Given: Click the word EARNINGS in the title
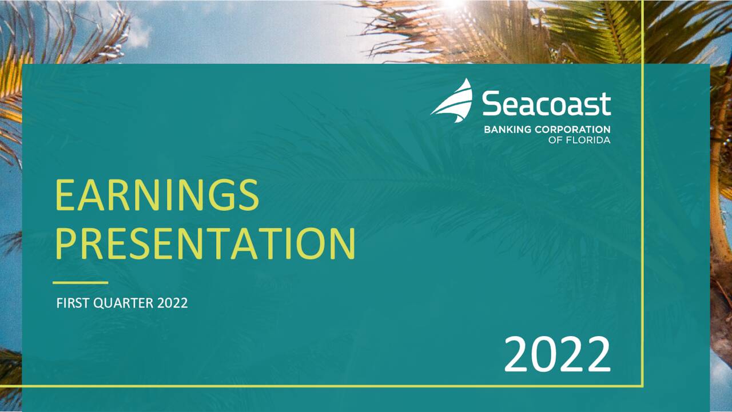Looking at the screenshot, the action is click(x=157, y=195).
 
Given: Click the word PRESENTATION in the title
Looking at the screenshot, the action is click(x=205, y=243).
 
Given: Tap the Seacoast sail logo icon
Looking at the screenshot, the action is click(x=452, y=101).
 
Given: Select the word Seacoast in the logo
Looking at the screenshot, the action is click(x=546, y=103).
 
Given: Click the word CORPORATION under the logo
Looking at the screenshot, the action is click(x=572, y=130).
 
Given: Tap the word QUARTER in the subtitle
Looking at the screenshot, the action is click(x=123, y=303).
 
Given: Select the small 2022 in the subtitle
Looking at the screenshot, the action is click(x=173, y=303).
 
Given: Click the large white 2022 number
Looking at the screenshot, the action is click(x=558, y=354).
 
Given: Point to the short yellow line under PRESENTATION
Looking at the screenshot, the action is click(x=81, y=283).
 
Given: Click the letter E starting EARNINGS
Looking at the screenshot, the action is click(x=65, y=195).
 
